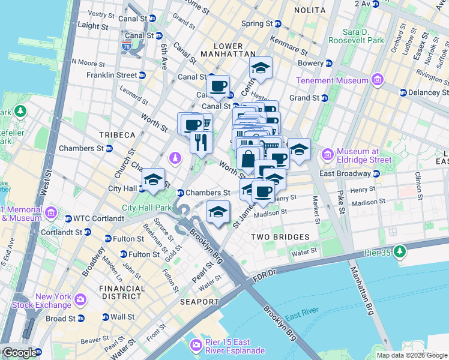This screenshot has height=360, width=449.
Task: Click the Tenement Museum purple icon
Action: pos(378,80)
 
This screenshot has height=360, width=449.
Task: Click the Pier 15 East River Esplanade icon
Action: pos(195,346)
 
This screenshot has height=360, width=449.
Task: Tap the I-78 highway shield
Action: pos(126,45)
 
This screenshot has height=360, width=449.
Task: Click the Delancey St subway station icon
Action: pos(403,92)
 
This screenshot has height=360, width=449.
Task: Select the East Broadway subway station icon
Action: pos(376,173)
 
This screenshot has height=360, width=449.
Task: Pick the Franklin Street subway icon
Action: pos(142,76)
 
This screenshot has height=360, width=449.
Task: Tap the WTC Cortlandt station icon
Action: pos(68,218)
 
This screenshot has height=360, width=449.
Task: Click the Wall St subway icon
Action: pos(106,317)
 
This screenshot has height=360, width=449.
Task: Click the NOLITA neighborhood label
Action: pos(310,10)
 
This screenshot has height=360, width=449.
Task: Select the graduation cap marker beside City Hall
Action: pos(153,180)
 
